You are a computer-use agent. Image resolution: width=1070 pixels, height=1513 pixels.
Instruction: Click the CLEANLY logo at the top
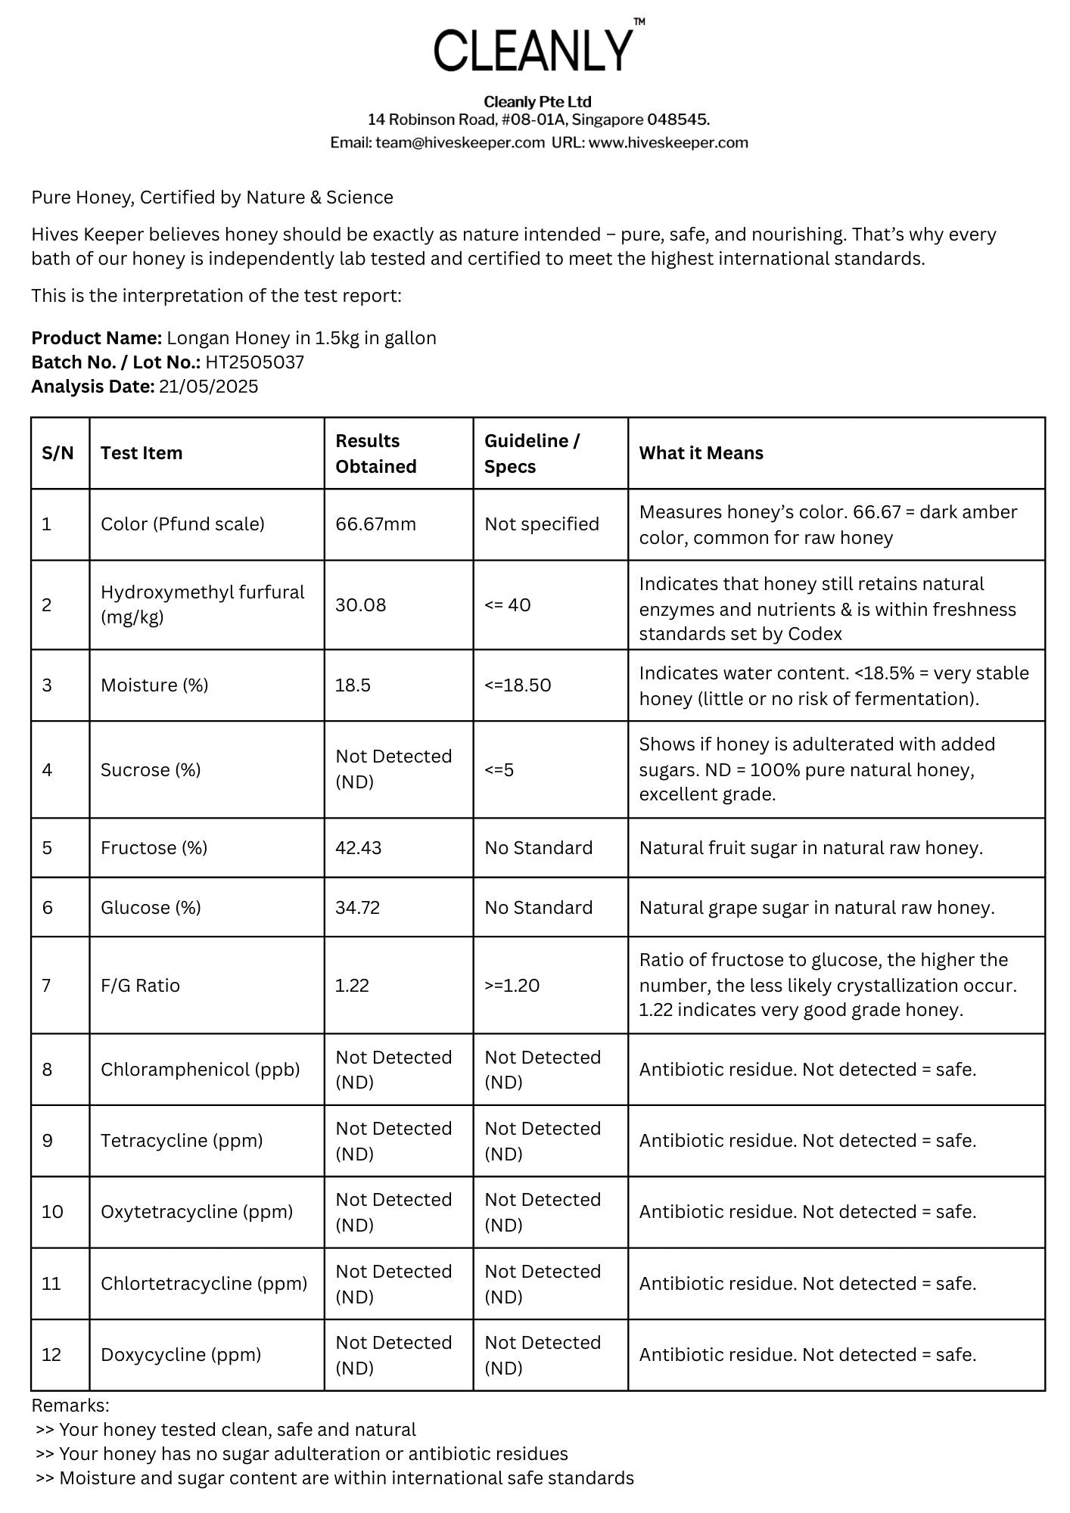pyautogui.click(x=534, y=49)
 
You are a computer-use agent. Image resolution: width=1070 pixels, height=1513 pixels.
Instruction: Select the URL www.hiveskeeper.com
pyautogui.click(x=668, y=142)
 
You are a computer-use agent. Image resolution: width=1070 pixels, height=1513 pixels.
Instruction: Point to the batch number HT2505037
pyautogui.click(x=254, y=362)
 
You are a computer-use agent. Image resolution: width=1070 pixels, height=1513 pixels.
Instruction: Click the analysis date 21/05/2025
pyautogui.click(x=208, y=387)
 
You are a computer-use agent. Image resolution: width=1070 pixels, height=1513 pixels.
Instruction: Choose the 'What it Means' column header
pyautogui.click(x=701, y=453)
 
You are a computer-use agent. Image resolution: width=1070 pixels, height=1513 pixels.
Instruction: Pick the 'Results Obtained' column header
pyautogui.click(x=376, y=453)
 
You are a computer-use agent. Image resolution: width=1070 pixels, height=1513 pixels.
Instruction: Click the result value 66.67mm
pyautogui.click(x=375, y=524)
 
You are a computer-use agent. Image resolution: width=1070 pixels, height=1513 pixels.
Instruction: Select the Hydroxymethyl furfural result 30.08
pyautogui.click(x=360, y=605)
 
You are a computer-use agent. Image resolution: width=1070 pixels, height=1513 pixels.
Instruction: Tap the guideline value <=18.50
pyautogui.click(x=518, y=685)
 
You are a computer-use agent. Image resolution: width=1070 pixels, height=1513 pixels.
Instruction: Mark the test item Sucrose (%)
pyautogui.click(x=151, y=770)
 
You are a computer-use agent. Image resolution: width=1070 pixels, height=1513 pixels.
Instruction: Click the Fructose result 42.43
pyautogui.click(x=358, y=848)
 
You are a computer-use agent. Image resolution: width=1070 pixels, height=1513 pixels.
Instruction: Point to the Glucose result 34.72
pyautogui.click(x=357, y=908)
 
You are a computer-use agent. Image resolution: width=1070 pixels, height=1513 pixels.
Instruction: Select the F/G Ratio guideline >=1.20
pyautogui.click(x=512, y=986)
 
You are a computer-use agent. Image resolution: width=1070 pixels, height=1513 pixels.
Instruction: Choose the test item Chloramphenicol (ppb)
pyautogui.click(x=200, y=1070)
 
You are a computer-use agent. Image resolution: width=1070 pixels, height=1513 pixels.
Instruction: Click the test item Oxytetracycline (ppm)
pyautogui.click(x=196, y=1212)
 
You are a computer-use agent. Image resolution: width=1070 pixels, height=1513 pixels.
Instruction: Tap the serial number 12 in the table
pyautogui.click(x=51, y=1355)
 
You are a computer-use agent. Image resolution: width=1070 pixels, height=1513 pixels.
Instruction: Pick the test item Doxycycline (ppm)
pyautogui.click(x=180, y=1355)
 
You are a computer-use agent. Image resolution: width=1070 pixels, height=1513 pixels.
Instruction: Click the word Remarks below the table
pyautogui.click(x=70, y=1406)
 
